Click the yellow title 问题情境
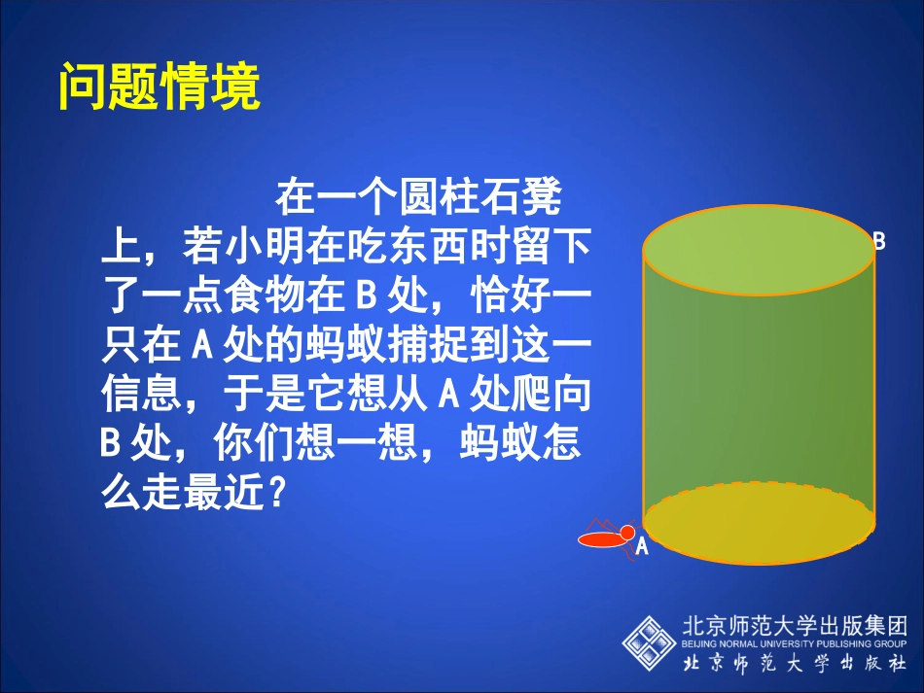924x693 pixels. click(x=160, y=87)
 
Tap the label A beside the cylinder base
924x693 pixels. click(x=642, y=547)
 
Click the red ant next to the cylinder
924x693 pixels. click(x=605, y=536)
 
